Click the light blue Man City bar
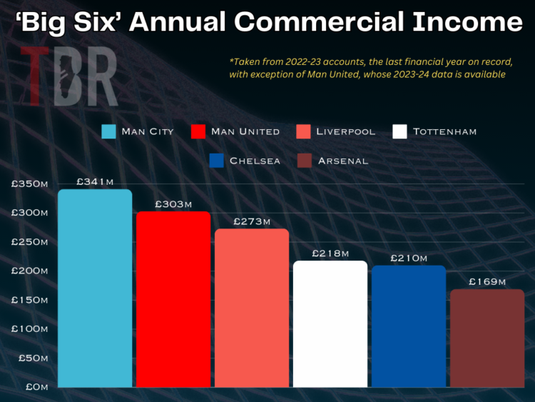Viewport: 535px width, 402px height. (x=95, y=288)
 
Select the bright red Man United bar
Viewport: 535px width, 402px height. (x=173, y=300)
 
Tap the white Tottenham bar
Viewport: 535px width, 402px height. (x=330, y=324)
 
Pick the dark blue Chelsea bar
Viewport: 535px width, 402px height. (x=409, y=326)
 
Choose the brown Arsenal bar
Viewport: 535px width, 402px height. (x=487, y=338)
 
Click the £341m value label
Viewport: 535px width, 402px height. (x=95, y=182)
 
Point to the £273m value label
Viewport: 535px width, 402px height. (x=252, y=221)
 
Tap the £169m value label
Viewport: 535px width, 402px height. (x=487, y=282)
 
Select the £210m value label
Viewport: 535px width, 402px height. (x=409, y=258)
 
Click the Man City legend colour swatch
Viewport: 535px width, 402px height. (x=108, y=132)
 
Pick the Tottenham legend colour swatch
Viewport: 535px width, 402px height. (x=400, y=132)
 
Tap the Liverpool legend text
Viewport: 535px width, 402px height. (x=345, y=132)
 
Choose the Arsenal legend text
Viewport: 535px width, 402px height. (x=343, y=161)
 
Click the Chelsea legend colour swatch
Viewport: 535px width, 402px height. (x=217, y=161)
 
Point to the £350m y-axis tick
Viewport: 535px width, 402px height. (x=29, y=184)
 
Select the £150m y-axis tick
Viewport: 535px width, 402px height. (x=29, y=300)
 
